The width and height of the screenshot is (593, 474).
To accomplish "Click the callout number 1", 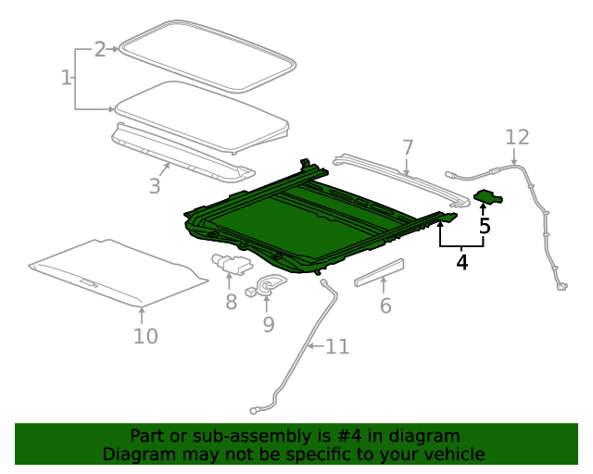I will tap(67, 79).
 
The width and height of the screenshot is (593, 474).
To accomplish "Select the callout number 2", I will tap(100, 50).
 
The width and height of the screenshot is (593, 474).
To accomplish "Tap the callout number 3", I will tap(155, 186).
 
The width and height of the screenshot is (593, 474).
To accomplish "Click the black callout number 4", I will tap(461, 262).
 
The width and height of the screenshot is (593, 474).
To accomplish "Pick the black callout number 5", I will tap(484, 224).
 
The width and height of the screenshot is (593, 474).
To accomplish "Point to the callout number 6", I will tap(385, 305).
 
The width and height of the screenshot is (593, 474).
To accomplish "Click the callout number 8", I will tap(231, 301).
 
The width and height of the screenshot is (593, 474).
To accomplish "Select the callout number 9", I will tap(268, 323).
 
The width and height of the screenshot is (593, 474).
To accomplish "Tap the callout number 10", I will tap(145, 335).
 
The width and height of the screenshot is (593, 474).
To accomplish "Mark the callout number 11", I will tap(337, 347).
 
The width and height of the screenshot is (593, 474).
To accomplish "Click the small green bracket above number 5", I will tap(487, 195).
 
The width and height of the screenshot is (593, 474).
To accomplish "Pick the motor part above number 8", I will tap(230, 265).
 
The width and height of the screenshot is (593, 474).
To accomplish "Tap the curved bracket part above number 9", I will tap(269, 284).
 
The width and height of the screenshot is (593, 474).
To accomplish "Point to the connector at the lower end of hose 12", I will tap(561, 287).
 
